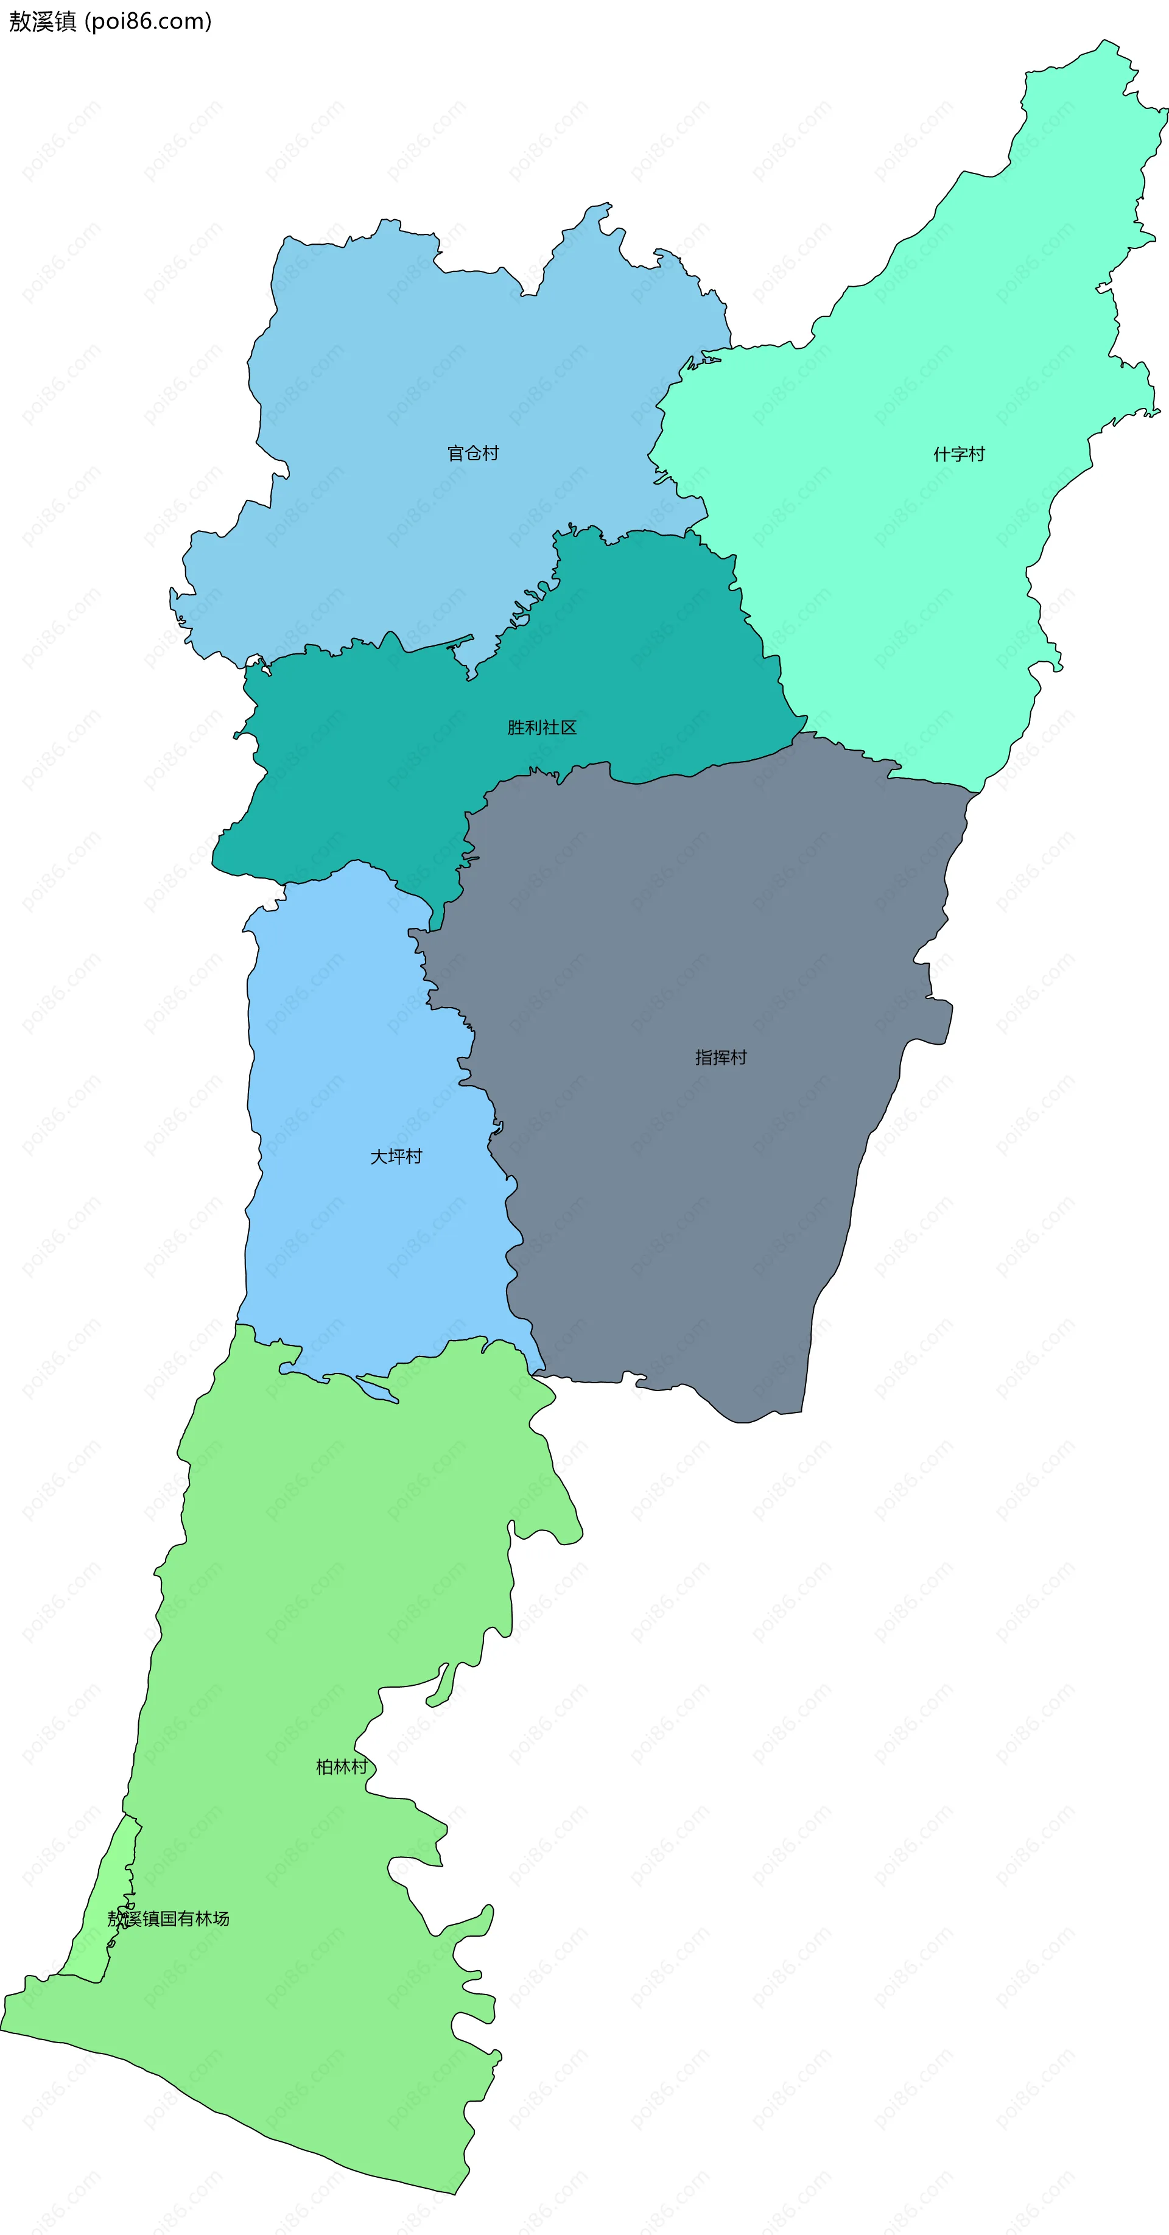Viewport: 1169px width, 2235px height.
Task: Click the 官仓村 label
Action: coord(473,453)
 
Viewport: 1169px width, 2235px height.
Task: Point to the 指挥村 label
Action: coord(720,1057)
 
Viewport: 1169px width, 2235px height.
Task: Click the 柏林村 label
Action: coord(341,1766)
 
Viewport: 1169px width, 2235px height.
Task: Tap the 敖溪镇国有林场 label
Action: coord(169,1918)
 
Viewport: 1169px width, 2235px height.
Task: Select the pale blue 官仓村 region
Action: coord(390,365)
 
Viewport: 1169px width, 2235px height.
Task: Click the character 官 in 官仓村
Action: coord(455,453)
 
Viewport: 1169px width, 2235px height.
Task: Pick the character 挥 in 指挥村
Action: coord(720,1057)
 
